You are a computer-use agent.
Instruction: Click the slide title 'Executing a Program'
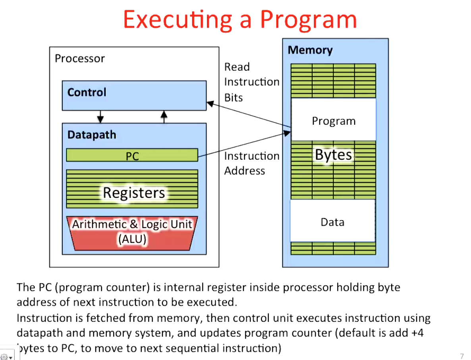pyautogui.click(x=240, y=19)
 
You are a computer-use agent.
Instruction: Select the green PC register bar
pyautogui.click(x=132, y=155)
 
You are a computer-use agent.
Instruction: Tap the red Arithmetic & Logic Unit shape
pyautogui.click(x=132, y=233)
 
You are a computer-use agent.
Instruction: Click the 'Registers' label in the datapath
pyautogui.click(x=134, y=193)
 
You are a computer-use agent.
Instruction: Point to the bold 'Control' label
pyautogui.click(x=87, y=92)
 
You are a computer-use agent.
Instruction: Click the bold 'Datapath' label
pyautogui.click(x=92, y=135)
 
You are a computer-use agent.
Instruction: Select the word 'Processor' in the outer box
pyautogui.click(x=80, y=58)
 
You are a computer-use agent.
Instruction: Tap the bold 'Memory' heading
pyautogui.click(x=310, y=50)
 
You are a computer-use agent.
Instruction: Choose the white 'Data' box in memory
pyautogui.click(x=332, y=222)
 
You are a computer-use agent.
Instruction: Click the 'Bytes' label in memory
pyautogui.click(x=334, y=155)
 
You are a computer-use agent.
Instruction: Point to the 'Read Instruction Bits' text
pyautogui.click(x=251, y=82)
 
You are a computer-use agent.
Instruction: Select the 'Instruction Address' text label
pyautogui.click(x=251, y=163)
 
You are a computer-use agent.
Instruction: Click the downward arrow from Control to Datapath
pyautogui.click(x=100, y=116)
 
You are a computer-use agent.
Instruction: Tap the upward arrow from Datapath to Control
pyautogui.click(x=164, y=116)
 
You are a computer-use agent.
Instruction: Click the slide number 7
pyautogui.click(x=461, y=356)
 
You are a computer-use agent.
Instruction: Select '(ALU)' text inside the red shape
pyautogui.click(x=132, y=239)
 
